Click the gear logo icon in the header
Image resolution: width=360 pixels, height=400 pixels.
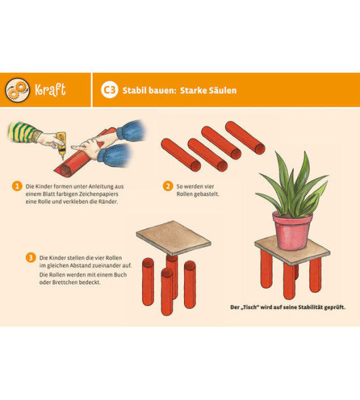tap(17, 90)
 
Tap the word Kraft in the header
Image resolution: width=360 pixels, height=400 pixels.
tap(50, 90)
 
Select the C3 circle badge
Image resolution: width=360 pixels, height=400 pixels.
tap(109, 90)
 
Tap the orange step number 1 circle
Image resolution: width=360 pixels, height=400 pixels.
tap(17, 186)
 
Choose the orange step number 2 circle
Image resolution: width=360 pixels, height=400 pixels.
tap(168, 186)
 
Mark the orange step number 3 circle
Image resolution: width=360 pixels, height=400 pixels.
tap(31, 257)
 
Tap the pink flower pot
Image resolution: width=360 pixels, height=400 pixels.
tap(292, 230)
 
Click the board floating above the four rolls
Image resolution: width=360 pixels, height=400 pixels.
tap(173, 238)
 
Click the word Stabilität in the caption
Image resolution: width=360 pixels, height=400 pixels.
tap(311, 307)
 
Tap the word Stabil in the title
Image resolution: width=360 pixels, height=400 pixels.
tap(134, 90)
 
